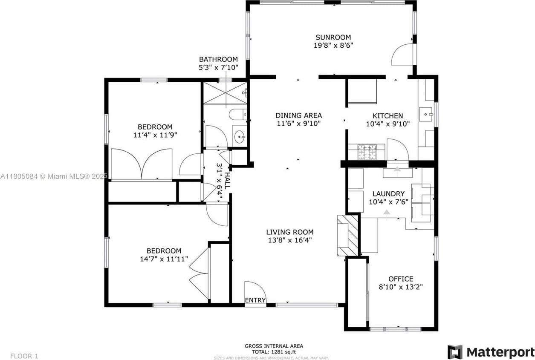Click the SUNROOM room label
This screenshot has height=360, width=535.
[333, 37]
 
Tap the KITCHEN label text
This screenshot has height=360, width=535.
[388, 116]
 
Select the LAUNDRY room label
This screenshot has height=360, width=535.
[389, 193]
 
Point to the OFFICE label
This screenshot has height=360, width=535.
[401, 279]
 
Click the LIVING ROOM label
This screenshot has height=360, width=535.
[290, 232]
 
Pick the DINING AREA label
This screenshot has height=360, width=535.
[298, 115]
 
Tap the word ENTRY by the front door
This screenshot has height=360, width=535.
[255, 300]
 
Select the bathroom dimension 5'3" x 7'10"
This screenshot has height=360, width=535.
[219, 68]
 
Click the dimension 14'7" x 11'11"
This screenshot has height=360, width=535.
[164, 259]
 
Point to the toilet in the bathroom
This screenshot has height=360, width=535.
[238, 114]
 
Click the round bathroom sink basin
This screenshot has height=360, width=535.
[239, 137]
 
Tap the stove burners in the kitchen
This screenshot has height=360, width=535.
[367, 152]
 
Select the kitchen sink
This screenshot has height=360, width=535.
[426, 114]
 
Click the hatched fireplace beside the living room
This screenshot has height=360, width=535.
[348, 235]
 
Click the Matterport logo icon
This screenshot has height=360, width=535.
[455, 352]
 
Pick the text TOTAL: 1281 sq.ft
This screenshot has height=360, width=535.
[274, 352]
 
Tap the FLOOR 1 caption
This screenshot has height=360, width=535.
[24, 356]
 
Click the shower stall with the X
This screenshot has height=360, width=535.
[225, 93]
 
